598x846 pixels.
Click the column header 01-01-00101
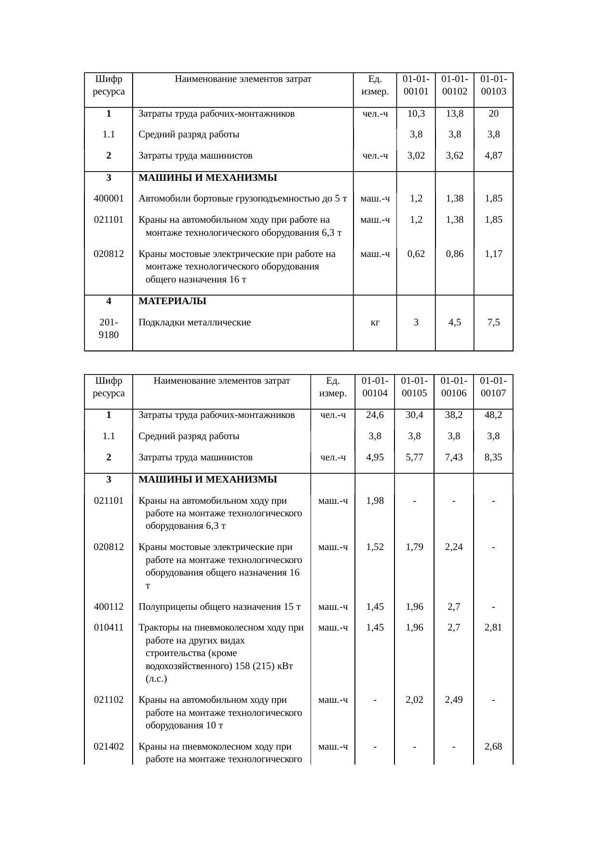416,84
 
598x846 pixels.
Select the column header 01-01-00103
493,84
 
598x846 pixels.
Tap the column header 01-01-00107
493,386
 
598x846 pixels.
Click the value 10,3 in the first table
416,114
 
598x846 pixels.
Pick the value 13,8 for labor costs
454,114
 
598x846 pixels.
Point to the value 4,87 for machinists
493,156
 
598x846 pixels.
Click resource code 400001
109,198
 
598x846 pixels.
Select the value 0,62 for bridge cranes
416,254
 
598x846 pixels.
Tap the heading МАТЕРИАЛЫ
172,301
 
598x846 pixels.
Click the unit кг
375,322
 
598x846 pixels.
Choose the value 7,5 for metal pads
493,322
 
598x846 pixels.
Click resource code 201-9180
109,328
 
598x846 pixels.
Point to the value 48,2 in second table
493,415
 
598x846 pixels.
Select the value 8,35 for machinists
493,457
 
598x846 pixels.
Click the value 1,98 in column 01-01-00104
375,500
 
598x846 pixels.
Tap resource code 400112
109,606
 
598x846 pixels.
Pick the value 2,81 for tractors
493,628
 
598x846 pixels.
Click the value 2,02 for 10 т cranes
415,699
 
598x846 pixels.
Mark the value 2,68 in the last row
493,747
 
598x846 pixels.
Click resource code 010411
109,628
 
